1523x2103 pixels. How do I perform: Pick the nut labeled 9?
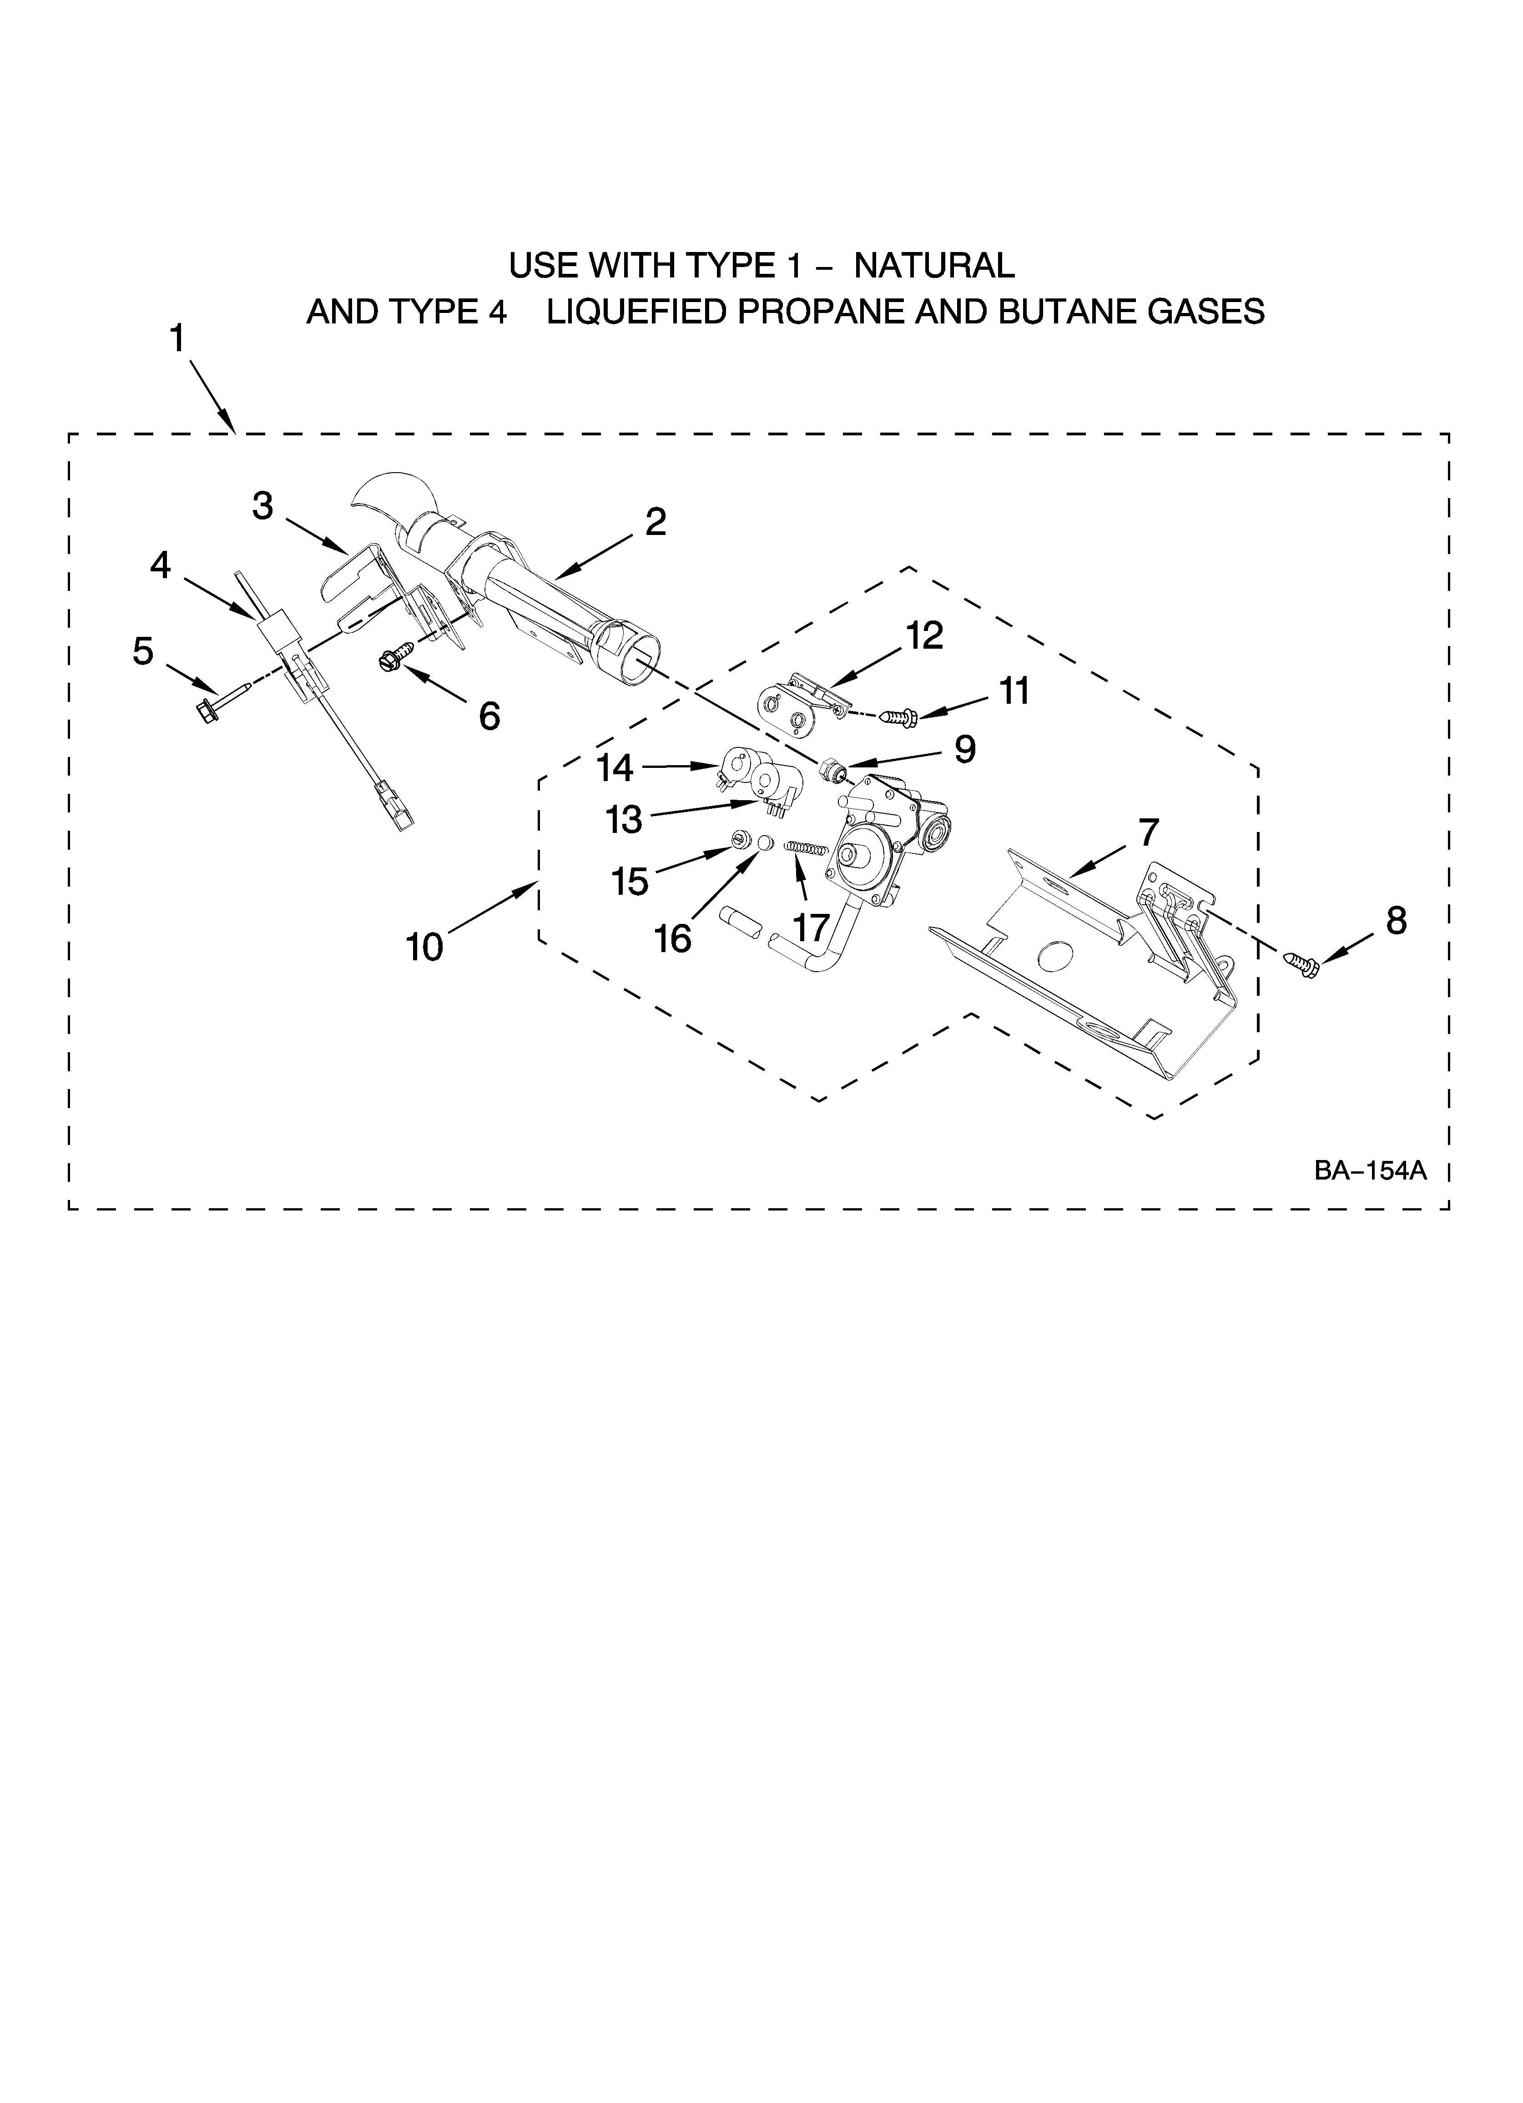(x=832, y=769)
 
